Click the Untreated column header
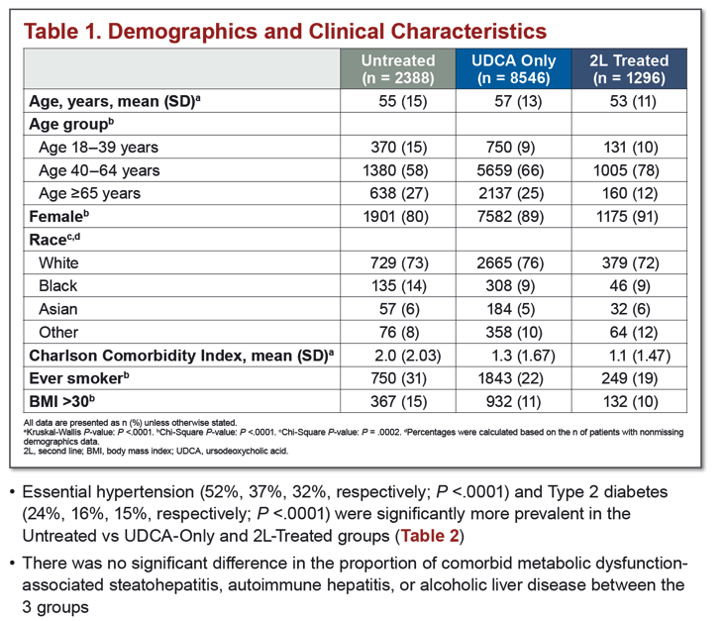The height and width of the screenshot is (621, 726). (398, 68)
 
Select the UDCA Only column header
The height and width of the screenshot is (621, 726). (513, 68)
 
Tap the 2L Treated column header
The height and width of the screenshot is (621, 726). (629, 68)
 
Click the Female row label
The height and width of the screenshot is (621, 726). (58, 216)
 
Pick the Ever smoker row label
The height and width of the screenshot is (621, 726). (78, 378)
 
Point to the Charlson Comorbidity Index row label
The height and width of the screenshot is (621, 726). (181, 356)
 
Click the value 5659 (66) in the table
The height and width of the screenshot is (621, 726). (510, 170)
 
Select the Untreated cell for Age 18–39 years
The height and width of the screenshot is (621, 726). (398, 148)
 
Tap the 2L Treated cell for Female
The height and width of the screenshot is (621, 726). (627, 216)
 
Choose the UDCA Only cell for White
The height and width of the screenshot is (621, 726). (510, 263)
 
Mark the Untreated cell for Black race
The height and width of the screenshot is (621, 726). (398, 285)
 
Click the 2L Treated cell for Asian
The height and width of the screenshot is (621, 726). (630, 309)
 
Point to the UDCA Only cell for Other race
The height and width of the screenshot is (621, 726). (513, 332)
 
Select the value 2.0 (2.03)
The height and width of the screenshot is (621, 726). (407, 356)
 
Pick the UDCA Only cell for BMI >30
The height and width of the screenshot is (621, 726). (513, 401)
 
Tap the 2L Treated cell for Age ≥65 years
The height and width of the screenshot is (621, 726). (630, 193)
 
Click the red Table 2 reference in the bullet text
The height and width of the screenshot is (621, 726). (430, 536)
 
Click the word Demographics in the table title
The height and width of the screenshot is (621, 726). (182, 32)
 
